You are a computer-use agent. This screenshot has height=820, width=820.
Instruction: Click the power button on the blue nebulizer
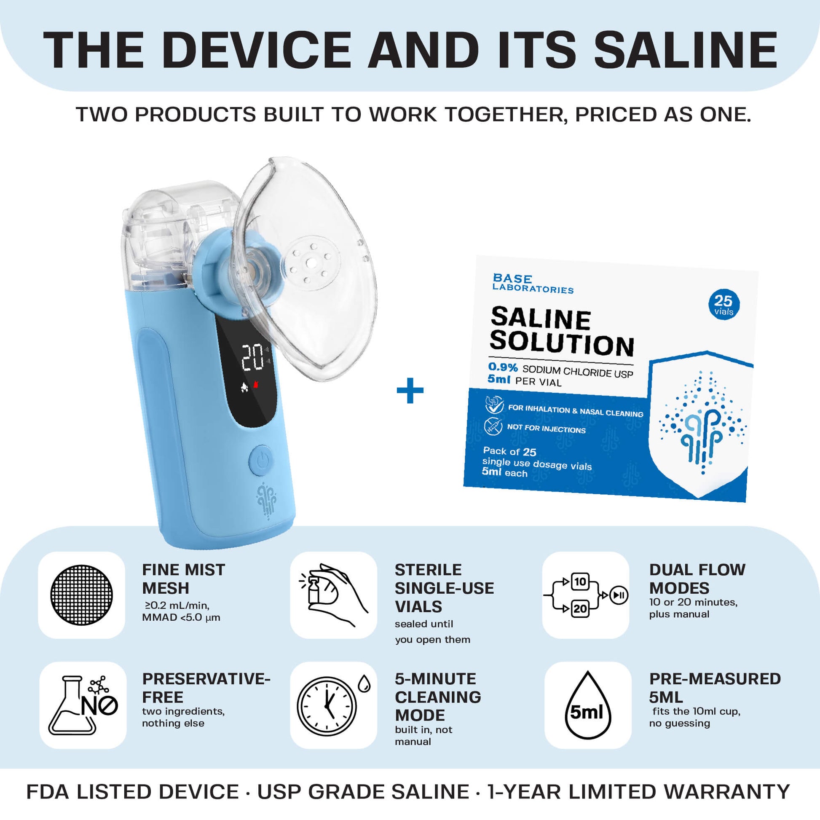[x=262, y=460]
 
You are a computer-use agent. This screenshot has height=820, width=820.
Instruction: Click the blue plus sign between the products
[x=410, y=390]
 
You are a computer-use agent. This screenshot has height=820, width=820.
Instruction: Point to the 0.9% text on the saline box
[x=503, y=367]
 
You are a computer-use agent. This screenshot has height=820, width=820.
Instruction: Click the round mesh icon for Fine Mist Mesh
[x=81, y=595]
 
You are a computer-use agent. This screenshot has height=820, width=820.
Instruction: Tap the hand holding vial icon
[x=334, y=595]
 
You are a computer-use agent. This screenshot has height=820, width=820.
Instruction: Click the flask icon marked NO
[x=83, y=705]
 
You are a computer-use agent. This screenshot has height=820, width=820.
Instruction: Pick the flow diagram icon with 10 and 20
[x=585, y=595]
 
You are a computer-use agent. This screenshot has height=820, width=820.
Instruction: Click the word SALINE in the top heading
[x=685, y=50]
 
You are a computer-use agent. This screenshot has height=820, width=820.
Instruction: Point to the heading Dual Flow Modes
[x=697, y=579]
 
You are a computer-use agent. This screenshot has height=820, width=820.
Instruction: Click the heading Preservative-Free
[x=206, y=688]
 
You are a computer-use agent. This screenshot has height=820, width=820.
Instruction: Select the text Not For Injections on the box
[x=546, y=429]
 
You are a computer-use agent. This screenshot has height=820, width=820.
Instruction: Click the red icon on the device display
[x=256, y=385]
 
